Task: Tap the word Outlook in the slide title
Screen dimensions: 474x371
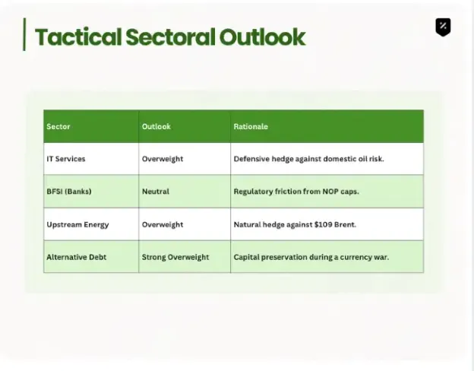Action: point(262,37)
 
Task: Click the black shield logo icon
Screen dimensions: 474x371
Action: point(443,27)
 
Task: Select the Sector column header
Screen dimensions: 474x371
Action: point(58,126)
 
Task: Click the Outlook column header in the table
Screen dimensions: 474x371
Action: point(156,126)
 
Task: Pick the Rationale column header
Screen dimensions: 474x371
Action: point(251,126)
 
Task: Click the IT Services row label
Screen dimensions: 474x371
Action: point(66,159)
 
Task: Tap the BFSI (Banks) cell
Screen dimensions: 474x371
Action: point(69,192)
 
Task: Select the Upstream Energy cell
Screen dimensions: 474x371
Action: point(77,225)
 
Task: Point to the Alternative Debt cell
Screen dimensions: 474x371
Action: point(77,257)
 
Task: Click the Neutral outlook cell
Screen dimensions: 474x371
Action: point(156,192)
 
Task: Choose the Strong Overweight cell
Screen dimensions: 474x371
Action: point(175,257)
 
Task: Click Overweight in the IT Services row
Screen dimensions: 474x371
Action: point(163,159)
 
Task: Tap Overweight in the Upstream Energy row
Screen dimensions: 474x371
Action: point(163,224)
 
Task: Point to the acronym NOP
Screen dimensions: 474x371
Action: point(330,192)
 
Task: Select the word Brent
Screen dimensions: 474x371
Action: point(345,224)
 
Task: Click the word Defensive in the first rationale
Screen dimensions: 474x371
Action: point(251,159)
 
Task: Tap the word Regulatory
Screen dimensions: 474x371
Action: point(253,192)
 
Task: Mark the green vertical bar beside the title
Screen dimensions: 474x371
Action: point(24,34)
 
